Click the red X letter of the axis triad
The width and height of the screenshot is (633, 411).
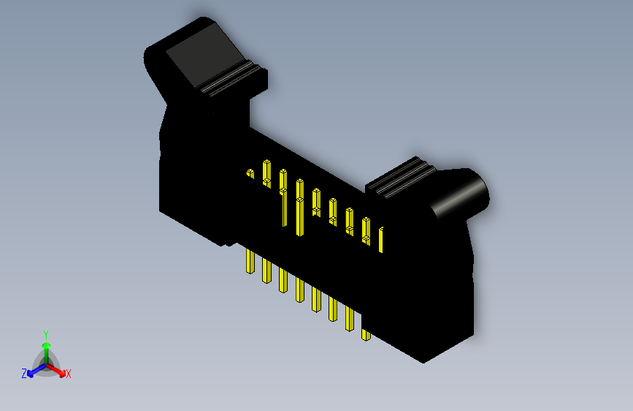[x=68, y=374]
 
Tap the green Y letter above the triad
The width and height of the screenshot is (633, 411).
[x=45, y=333]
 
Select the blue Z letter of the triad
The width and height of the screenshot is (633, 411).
[x=24, y=373]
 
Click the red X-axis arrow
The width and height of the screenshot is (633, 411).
[x=58, y=368]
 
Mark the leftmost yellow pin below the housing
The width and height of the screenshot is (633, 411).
[x=250, y=262]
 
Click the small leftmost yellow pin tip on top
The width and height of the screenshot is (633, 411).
[x=250, y=174]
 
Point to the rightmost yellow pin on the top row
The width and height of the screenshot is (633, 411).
[x=381, y=240]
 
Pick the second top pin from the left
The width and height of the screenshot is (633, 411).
[x=267, y=173]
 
